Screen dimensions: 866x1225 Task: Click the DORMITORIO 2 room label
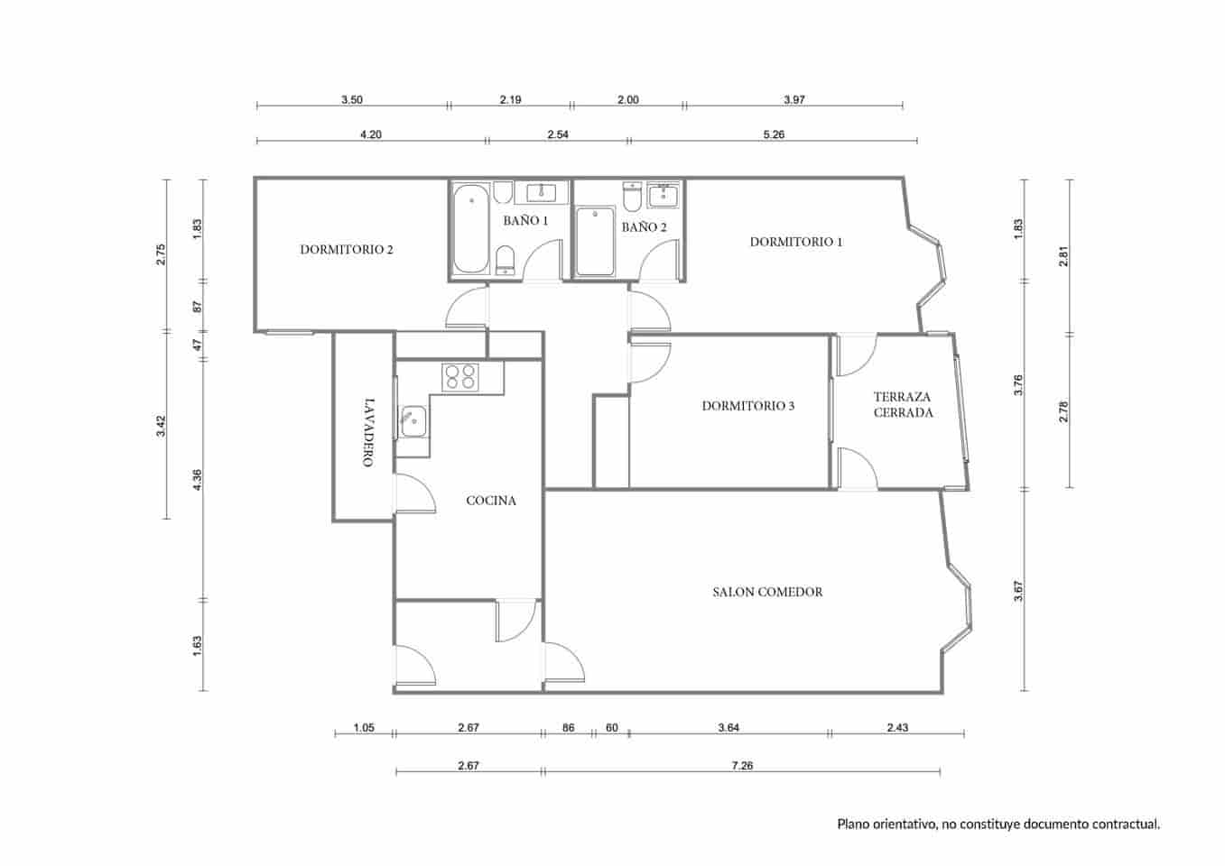[x=346, y=250]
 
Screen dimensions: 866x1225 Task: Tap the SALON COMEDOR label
[x=767, y=593]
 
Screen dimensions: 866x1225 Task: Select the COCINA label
[x=491, y=501]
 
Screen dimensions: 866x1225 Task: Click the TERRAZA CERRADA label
[x=903, y=404]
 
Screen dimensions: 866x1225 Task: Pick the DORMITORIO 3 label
[x=748, y=406]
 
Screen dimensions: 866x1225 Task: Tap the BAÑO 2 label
[x=644, y=227]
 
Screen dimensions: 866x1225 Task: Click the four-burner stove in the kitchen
[x=459, y=376]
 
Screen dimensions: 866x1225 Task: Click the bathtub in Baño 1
[x=469, y=229]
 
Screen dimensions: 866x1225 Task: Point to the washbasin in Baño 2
[x=664, y=195]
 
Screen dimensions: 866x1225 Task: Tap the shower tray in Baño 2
[x=595, y=242]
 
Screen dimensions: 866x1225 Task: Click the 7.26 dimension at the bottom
[x=741, y=766]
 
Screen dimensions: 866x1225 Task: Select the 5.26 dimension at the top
[x=774, y=134]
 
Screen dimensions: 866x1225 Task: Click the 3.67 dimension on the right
[x=1018, y=591]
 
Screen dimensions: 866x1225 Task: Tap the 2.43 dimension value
[x=897, y=728]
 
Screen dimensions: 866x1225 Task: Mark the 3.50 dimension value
[x=352, y=100]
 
